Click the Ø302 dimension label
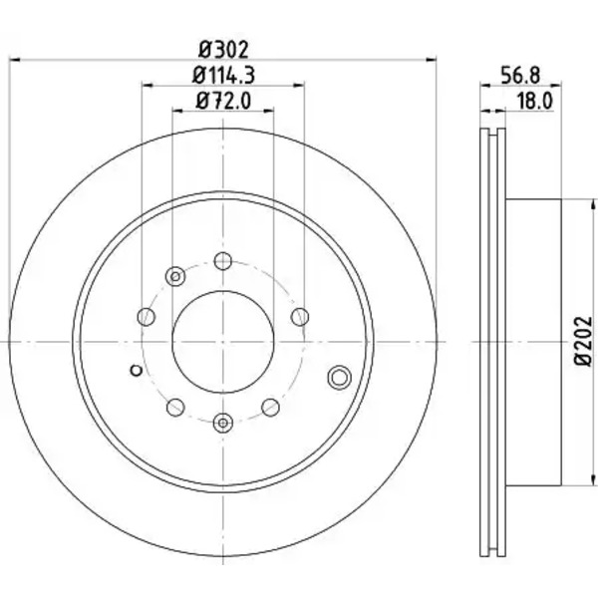(223, 50)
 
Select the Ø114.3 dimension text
(223, 75)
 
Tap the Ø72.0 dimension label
(223, 102)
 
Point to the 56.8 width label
(520, 75)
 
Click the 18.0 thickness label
(534, 102)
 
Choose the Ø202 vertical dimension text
(583, 342)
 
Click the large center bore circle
(223, 342)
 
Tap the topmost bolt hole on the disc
(223, 261)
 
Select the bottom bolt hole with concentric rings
(223, 423)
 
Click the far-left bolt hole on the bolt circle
(147, 317)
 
